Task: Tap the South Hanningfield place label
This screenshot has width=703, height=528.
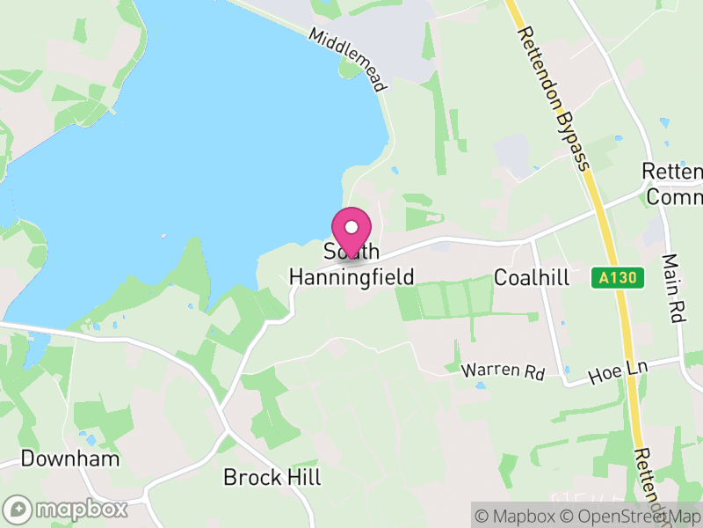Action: click(x=351, y=265)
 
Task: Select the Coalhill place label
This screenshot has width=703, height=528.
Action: click(x=532, y=278)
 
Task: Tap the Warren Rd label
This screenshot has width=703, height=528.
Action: click(x=503, y=371)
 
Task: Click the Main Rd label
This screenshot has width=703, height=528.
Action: click(x=673, y=290)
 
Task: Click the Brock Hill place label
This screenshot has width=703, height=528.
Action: click(x=272, y=478)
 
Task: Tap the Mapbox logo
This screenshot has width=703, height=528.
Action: click(x=67, y=510)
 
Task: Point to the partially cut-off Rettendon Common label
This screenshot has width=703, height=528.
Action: click(x=673, y=184)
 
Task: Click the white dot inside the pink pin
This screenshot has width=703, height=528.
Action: click(x=351, y=227)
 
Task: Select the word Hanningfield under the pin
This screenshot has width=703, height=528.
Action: click(x=351, y=277)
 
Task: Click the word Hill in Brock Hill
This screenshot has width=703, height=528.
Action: click(x=303, y=478)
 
